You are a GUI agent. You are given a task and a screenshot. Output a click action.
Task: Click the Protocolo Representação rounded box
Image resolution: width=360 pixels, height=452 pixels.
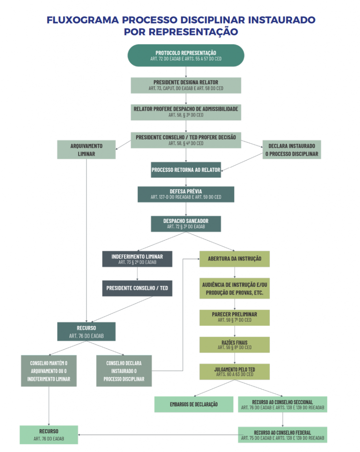click(186, 55)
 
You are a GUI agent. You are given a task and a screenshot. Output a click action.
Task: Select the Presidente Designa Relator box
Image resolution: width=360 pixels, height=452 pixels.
click(186, 85)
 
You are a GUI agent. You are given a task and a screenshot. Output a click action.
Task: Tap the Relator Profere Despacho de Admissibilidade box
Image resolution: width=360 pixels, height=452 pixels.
click(186, 112)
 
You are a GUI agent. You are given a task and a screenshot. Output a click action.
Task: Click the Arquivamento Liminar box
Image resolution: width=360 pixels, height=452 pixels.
click(86, 150)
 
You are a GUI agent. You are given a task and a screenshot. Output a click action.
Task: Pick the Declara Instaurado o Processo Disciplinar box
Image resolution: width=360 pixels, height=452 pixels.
click(291, 150)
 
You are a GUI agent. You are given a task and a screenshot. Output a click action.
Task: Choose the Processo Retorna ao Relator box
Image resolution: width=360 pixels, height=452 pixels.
click(186, 170)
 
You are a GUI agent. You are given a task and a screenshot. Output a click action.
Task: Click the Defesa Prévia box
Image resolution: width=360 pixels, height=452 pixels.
click(186, 194)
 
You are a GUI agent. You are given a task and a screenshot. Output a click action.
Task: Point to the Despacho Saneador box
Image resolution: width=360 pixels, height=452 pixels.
click(186, 223)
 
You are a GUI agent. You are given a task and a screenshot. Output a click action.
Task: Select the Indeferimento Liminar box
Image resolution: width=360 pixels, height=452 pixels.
click(137, 259)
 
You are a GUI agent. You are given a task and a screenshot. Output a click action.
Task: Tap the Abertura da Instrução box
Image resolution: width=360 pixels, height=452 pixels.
click(234, 259)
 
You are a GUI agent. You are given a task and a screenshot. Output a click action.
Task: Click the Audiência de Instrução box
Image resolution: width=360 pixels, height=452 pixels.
click(234, 289)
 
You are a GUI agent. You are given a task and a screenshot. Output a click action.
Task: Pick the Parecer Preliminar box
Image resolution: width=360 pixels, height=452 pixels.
click(234, 317)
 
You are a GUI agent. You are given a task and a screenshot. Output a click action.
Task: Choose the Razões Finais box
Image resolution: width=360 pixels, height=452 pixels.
click(234, 345)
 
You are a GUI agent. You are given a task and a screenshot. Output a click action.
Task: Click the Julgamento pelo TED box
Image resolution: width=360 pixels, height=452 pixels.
click(234, 372)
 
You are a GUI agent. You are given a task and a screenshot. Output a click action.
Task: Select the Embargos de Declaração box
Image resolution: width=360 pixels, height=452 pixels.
click(194, 404)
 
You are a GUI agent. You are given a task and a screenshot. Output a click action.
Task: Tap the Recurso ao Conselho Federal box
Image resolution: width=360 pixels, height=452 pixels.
click(282, 435)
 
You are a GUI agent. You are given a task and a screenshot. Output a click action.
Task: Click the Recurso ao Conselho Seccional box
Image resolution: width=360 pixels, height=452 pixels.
click(282, 404)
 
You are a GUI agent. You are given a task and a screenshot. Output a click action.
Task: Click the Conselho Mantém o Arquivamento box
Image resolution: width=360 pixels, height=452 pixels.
click(49, 371)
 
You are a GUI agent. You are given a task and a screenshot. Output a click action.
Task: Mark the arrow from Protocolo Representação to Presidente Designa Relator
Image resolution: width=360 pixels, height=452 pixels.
click(186, 72)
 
